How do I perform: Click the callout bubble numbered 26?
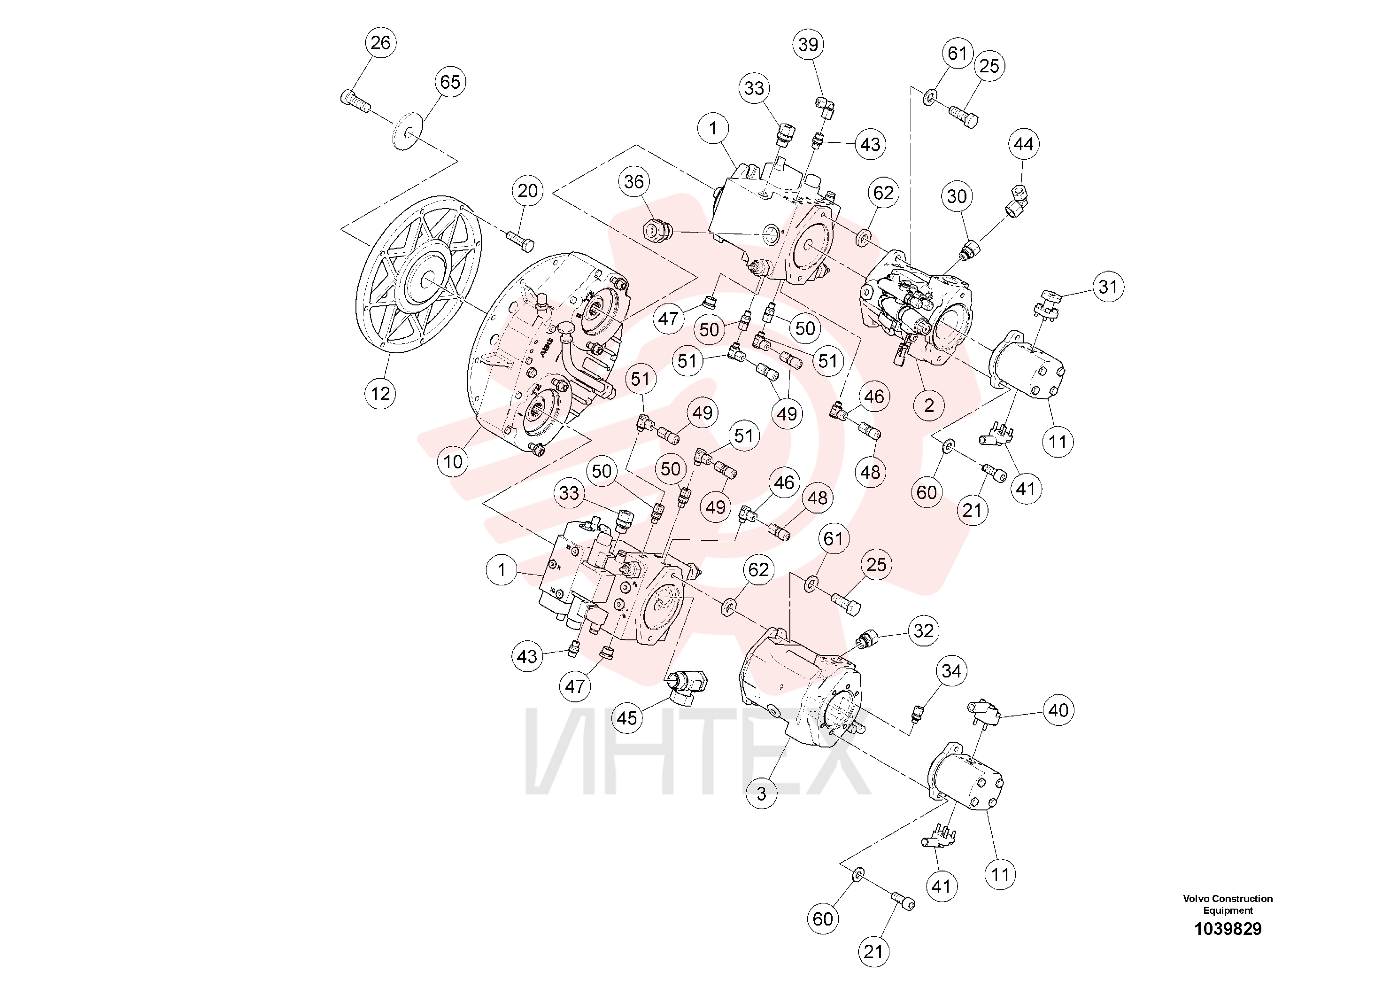coord(380,43)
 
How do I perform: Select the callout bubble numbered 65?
coord(450,82)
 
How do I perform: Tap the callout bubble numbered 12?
coord(380,394)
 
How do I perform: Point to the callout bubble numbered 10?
coord(453,462)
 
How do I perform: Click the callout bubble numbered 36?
coord(634,181)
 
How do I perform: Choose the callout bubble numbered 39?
coord(809,45)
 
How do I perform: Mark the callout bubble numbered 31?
coord(1108,287)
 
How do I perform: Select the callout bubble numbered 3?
coord(761,793)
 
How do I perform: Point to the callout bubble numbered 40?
coord(1058,710)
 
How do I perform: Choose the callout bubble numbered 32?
coord(924,630)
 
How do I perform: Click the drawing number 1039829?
coord(1228,929)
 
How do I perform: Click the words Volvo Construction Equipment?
coord(1228,904)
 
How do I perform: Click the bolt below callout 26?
coord(355,102)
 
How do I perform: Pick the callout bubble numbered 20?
coord(527,191)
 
